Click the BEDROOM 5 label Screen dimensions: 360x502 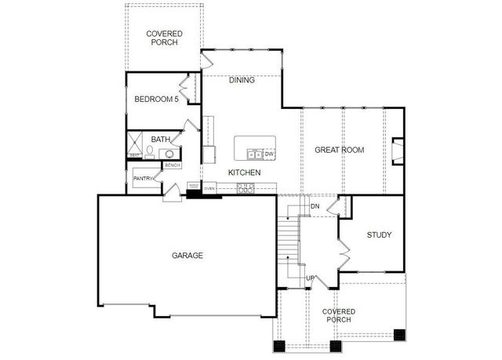point(156,99)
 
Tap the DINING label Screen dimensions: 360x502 point(242,80)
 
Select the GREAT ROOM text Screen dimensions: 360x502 point(339,150)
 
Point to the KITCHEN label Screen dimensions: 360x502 point(244,173)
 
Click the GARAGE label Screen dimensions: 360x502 point(187,256)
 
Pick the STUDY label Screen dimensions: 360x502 point(379,235)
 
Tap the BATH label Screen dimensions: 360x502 point(161,140)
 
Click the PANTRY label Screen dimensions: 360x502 point(143,179)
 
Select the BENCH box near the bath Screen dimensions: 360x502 point(172,165)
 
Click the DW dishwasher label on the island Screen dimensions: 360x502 point(268,154)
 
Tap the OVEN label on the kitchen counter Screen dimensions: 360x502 point(209,189)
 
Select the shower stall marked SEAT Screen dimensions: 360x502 point(136,147)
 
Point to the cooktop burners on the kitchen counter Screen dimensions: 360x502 point(246,187)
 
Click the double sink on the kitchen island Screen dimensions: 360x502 point(254,154)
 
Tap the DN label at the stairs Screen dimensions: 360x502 point(315,206)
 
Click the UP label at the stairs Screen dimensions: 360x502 point(310,278)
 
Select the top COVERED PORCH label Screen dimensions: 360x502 point(165,38)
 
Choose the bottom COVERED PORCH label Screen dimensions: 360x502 point(339,315)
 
